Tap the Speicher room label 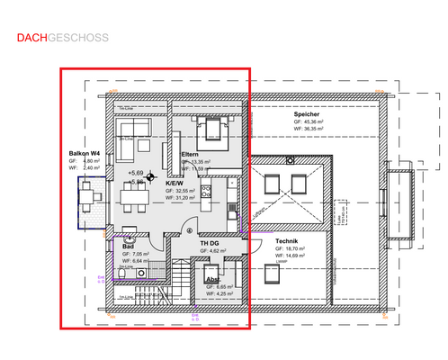click(x=306, y=114)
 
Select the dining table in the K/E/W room click(x=133, y=193)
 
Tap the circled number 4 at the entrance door click(x=189, y=229)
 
